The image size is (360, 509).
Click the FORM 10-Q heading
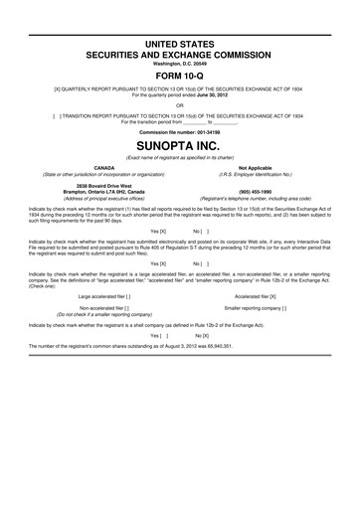(x=179, y=74)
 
